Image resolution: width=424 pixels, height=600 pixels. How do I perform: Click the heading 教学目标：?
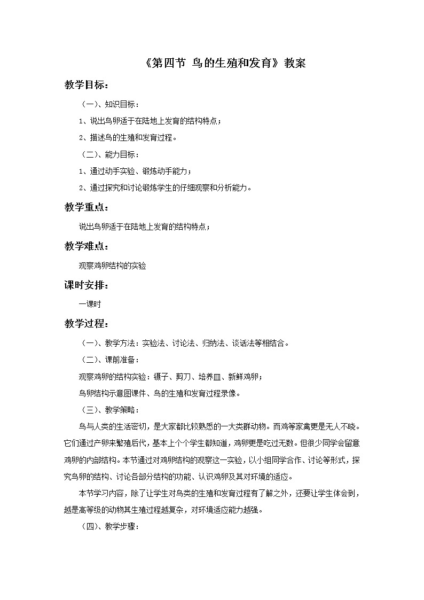pos(87,85)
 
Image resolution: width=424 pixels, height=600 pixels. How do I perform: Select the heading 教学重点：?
pos(87,207)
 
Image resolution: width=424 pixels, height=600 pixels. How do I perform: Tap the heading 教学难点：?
pos(87,246)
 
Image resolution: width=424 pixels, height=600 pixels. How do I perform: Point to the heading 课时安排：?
pos(87,285)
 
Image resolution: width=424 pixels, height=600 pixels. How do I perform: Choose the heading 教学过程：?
pos(87,324)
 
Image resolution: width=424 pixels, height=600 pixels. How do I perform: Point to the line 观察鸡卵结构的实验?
pos(112,265)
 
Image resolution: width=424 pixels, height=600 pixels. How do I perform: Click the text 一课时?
pos(90,304)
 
